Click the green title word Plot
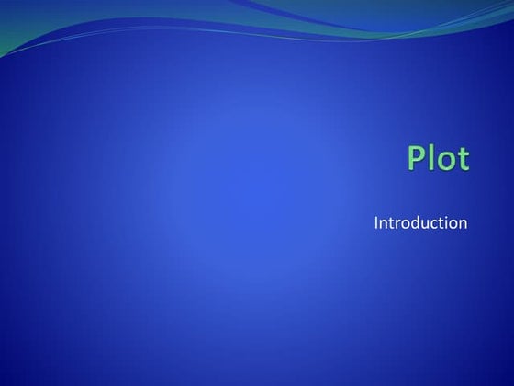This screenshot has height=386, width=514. click(x=438, y=158)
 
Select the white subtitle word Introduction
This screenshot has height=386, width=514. click(x=421, y=222)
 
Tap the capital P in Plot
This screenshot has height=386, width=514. click(x=418, y=158)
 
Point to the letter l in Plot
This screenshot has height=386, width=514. click(x=433, y=157)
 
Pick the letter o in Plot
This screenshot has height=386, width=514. click(x=445, y=161)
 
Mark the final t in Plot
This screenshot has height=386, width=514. click(x=462, y=159)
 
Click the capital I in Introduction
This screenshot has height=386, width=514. click(x=376, y=222)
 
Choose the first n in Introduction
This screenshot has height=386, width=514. click(x=384, y=224)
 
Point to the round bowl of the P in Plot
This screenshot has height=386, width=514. click(x=421, y=153)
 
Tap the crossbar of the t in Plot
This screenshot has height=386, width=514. click(x=462, y=152)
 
